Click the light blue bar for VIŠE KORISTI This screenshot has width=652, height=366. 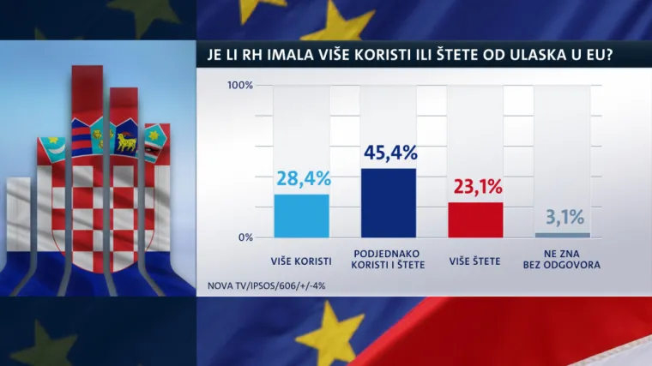(x=301, y=215)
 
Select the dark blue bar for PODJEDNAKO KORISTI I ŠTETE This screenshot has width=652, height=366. (x=389, y=202)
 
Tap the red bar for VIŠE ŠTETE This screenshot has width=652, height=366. (x=475, y=219)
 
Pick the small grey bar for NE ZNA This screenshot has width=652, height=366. (x=563, y=235)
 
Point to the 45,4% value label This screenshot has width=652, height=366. (x=389, y=153)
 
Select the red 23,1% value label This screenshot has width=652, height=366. (x=475, y=188)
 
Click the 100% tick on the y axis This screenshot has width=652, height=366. (x=239, y=86)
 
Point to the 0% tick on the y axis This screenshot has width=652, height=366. (x=244, y=237)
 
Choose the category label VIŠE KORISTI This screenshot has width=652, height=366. (x=301, y=255)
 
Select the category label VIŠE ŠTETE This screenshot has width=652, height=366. (x=475, y=255)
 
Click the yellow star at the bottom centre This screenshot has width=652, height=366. (x=330, y=330)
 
